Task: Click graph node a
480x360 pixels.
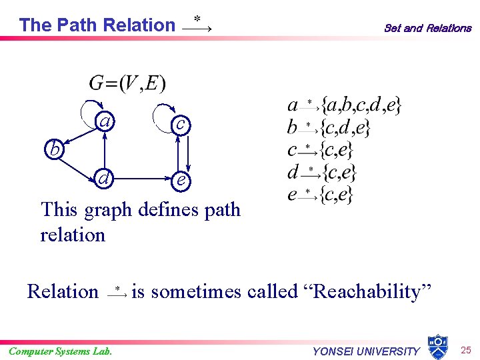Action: coord(105,123)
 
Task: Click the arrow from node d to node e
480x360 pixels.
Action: coord(141,179)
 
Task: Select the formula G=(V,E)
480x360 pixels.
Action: coord(127,84)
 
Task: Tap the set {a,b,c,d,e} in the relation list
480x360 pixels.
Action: coord(361,105)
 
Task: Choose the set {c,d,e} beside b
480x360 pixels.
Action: coord(345,127)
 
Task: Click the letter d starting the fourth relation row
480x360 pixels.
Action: coord(293,172)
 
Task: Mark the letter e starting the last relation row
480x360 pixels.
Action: coord(292,195)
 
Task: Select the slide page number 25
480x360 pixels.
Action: coord(467,349)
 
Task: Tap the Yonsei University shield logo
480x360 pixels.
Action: coord(437,346)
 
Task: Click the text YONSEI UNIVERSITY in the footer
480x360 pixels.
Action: coord(366,351)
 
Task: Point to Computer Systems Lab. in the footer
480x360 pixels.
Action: coord(60,351)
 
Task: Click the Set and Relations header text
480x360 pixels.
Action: coord(427,28)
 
